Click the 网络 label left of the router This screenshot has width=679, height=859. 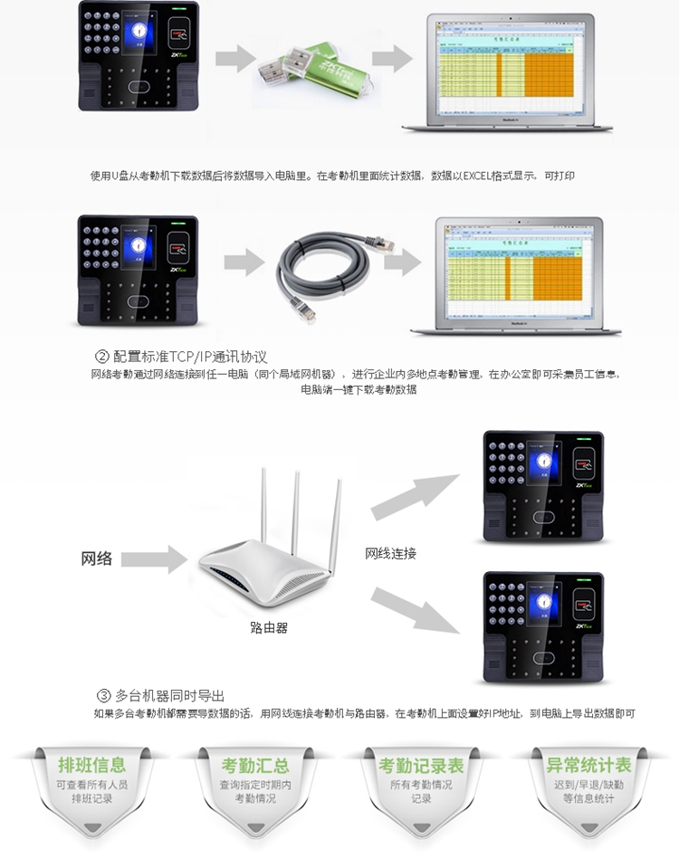point(97,558)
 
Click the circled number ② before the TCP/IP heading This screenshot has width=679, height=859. point(102,357)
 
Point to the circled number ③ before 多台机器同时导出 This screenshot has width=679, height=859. point(103,695)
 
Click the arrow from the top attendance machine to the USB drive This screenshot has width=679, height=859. point(235,59)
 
